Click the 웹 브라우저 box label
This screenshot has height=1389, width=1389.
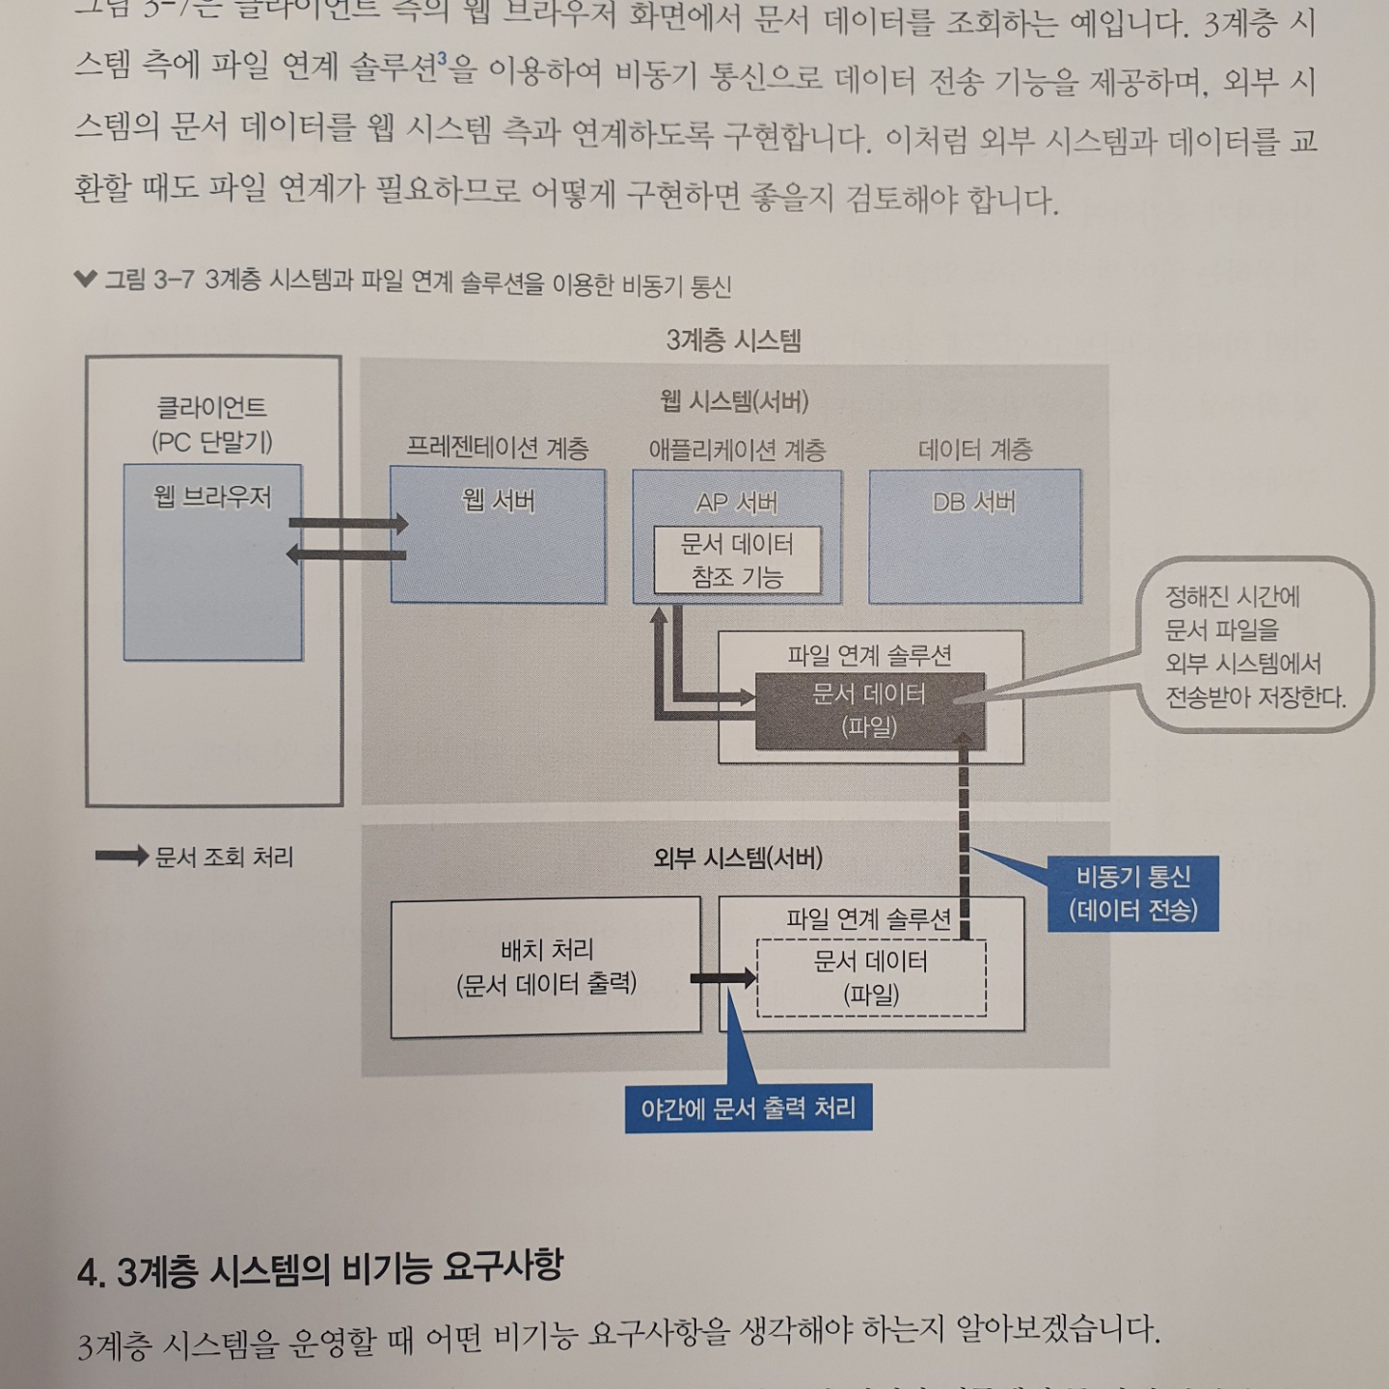click(212, 497)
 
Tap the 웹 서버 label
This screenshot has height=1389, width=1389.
click(498, 501)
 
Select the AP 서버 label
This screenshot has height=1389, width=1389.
click(737, 503)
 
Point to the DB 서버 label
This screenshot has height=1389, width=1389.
click(974, 503)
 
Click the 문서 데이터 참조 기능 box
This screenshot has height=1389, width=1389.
click(737, 560)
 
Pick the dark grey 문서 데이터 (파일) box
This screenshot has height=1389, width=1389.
click(869, 710)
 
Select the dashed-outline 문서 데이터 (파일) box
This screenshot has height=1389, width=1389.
click(871, 978)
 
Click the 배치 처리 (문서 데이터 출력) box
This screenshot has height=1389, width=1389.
click(546, 967)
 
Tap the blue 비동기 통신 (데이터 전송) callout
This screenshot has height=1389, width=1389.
click(1132, 893)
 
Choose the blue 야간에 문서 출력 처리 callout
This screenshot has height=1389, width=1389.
click(748, 1108)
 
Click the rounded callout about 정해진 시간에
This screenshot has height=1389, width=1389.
click(1254, 646)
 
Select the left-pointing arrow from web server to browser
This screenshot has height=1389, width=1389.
click(346, 554)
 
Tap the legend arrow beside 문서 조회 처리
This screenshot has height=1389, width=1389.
click(122, 857)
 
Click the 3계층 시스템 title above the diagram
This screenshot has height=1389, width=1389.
click(733, 340)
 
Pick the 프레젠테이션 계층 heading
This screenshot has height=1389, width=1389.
click(497, 449)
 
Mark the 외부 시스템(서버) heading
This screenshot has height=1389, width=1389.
click(737, 858)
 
